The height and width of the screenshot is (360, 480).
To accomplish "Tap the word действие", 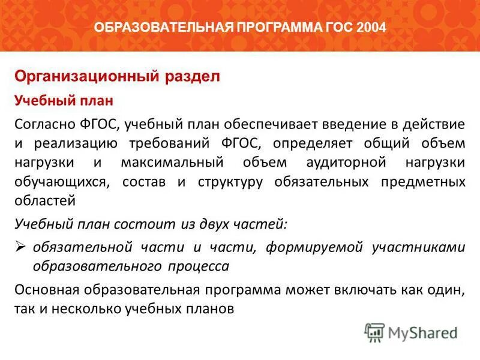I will [x=437, y=125].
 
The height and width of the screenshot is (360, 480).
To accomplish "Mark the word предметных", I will [x=423, y=182].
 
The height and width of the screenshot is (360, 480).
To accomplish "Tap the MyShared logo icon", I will [x=374, y=332].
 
